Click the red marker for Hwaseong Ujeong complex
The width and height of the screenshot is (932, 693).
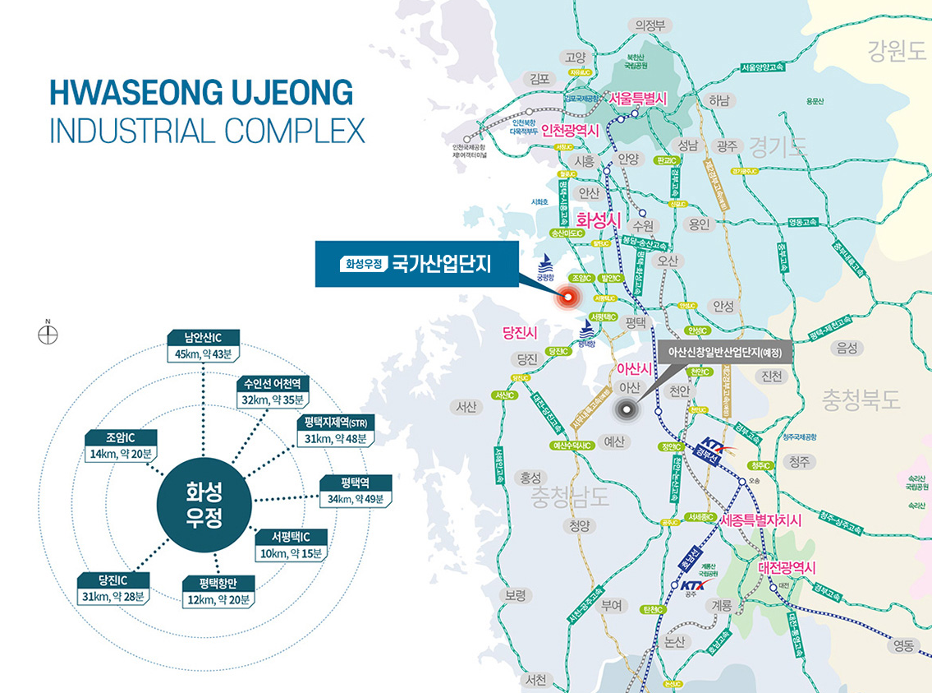pyautogui.click(x=567, y=298)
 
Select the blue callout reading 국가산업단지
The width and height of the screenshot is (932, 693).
pyautogui.click(x=416, y=264)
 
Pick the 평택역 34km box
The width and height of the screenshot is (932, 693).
pyautogui.click(x=356, y=491)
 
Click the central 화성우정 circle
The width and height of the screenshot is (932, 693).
pyautogui.click(x=204, y=504)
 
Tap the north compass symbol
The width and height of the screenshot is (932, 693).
pyautogui.click(x=48, y=334)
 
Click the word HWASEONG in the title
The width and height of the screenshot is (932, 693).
pyautogui.click(x=125, y=93)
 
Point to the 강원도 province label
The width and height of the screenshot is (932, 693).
pyautogui.click(x=896, y=53)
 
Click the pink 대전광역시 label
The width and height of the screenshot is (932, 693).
pyautogui.click(x=792, y=568)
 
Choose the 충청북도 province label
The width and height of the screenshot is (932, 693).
pyautogui.click(x=861, y=400)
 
